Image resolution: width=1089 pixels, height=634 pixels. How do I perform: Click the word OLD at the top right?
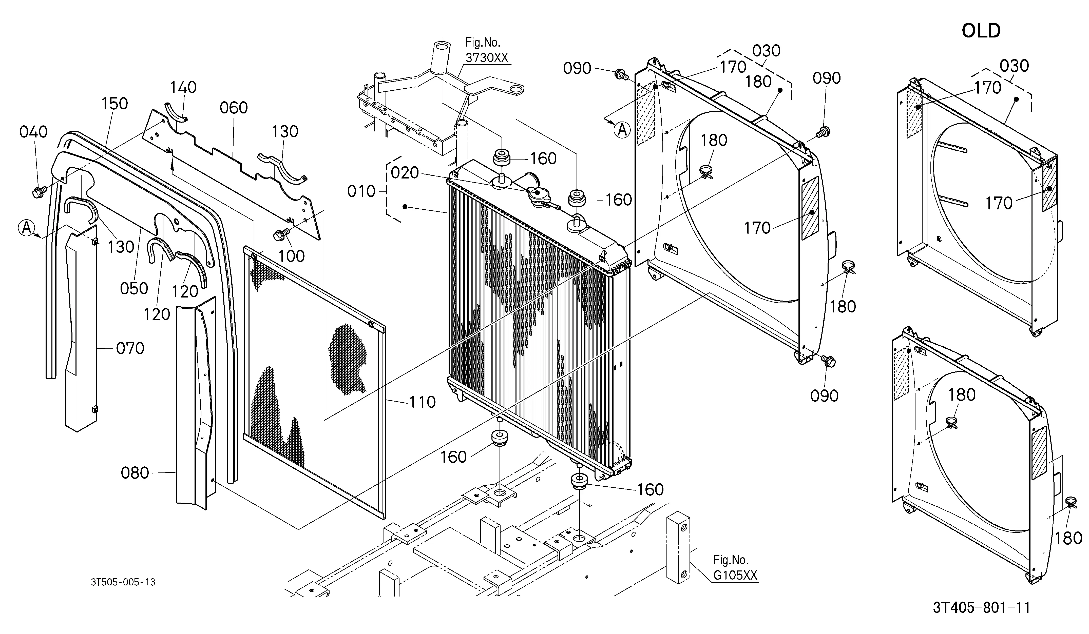(981, 31)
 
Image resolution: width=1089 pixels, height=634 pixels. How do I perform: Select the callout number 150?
(114, 104)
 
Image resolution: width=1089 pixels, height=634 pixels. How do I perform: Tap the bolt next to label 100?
(279, 236)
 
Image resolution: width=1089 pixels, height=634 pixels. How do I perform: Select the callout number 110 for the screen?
(422, 402)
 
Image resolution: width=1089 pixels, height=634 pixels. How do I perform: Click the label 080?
(135, 473)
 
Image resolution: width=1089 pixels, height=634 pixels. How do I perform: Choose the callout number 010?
(361, 191)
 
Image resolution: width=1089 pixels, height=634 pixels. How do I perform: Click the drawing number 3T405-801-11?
(981, 608)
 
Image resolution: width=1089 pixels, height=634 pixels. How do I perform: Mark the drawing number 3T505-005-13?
(123, 582)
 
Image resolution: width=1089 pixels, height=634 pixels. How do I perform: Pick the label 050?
(134, 288)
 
